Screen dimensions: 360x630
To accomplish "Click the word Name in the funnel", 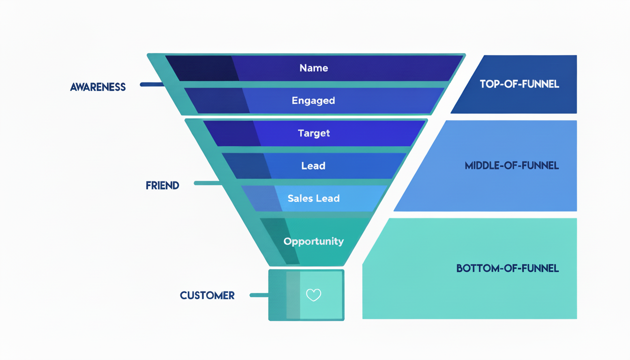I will (314, 68).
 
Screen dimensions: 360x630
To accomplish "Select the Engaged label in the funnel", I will (313, 100).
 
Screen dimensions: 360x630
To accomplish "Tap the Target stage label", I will (314, 133).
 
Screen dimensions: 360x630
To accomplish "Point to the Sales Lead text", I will (313, 198).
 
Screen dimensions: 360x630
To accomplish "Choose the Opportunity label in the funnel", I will (314, 241).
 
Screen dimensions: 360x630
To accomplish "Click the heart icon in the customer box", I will (314, 295).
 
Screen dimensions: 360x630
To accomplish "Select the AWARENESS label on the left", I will (98, 87).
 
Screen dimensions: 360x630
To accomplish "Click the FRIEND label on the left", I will (162, 186).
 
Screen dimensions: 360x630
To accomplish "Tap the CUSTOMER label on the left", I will (207, 296).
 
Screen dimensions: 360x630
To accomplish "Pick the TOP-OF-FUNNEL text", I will (519, 84).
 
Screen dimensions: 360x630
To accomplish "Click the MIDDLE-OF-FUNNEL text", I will (511, 166).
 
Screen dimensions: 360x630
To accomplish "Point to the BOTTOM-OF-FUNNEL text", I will (507, 269).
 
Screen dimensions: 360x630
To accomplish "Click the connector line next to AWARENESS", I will (152, 85).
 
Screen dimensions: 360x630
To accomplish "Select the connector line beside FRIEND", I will (207, 183).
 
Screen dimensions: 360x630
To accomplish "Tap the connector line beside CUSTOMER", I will (259, 295).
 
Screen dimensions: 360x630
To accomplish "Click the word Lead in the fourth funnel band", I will (313, 166).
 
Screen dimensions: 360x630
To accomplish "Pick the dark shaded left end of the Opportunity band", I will (279, 241).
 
